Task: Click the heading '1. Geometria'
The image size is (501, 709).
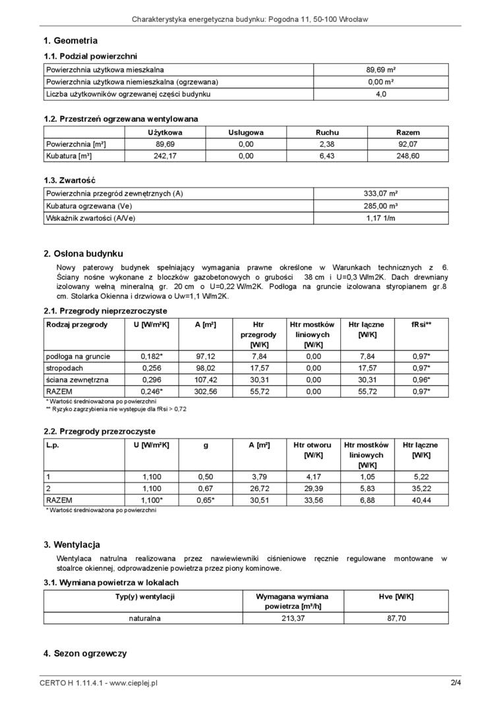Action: (71, 41)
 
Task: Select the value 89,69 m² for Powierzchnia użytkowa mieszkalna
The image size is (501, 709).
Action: (380, 69)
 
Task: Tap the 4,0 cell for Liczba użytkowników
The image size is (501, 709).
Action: (380, 94)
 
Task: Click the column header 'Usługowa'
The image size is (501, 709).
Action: (246, 132)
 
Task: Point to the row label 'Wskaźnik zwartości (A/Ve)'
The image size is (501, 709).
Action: (90, 218)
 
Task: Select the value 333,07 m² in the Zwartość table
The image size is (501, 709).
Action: (380, 194)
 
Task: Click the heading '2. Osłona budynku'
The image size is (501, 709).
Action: (83, 253)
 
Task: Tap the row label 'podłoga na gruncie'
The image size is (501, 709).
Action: (78, 356)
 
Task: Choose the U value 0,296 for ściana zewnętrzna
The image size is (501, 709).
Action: (152, 380)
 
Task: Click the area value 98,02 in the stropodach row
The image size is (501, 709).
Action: (206, 368)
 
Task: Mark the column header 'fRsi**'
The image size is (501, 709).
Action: (421, 325)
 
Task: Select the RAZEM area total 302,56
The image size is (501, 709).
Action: (206, 392)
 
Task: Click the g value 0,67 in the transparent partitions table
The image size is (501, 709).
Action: (206, 488)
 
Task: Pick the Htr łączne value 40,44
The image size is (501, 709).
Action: (421, 500)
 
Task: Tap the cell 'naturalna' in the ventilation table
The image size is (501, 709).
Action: (145, 618)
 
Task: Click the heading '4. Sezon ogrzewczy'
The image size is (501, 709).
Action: (85, 654)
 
